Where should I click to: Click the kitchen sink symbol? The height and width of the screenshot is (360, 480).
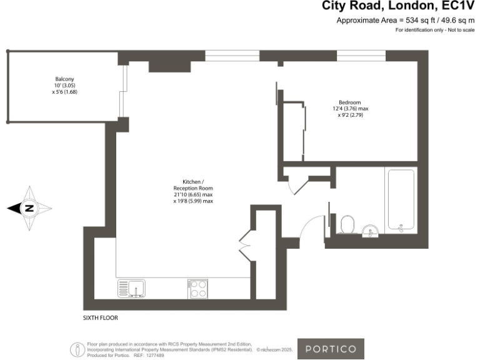point(131,288)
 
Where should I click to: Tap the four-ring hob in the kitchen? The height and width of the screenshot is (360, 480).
point(197,288)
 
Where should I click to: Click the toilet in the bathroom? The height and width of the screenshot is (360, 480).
point(347,224)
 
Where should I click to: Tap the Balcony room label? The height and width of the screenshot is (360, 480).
point(64,79)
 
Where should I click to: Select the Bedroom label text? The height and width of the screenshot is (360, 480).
point(350,102)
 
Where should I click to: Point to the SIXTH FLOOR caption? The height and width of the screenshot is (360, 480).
point(101,317)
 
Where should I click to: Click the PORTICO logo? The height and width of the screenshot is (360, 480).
point(331,348)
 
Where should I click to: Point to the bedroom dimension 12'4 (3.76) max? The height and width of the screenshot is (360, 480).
point(350,109)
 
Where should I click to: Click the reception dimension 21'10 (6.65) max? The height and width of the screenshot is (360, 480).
point(193,195)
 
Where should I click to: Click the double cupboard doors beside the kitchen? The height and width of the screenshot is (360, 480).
point(246,243)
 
